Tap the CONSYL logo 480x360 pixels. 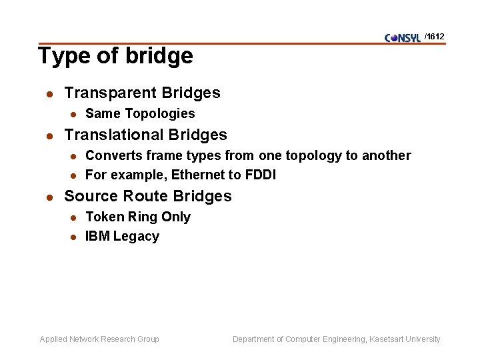click(x=403, y=37)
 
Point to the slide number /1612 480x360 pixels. click(x=435, y=36)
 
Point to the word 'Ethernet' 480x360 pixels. click(x=196, y=175)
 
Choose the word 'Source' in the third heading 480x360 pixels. click(x=90, y=196)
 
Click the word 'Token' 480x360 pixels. click(x=103, y=217)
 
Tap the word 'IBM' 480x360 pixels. click(x=97, y=237)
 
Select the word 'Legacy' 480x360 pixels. click(x=137, y=237)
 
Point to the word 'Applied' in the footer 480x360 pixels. click(x=54, y=339)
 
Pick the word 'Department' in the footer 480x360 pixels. click(x=254, y=339)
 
